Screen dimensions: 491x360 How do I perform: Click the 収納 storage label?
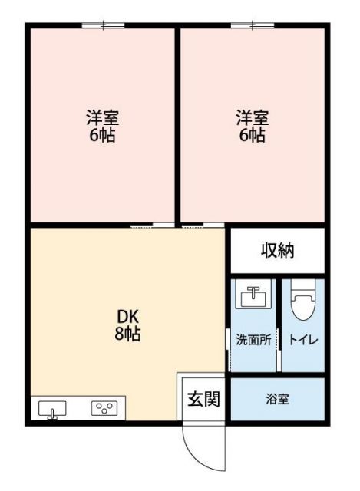coord(278,250)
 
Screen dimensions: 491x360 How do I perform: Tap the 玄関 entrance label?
coord(204,399)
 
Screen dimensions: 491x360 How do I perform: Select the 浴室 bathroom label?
coord(277,399)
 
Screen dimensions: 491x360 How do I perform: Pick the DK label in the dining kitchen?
coord(127,317)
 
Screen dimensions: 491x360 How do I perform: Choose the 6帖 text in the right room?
coord(252,136)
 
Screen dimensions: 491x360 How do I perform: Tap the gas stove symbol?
coord(104,408)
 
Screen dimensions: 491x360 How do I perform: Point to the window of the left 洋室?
coord(104,26)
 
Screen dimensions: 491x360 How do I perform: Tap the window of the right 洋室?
coord(253,26)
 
